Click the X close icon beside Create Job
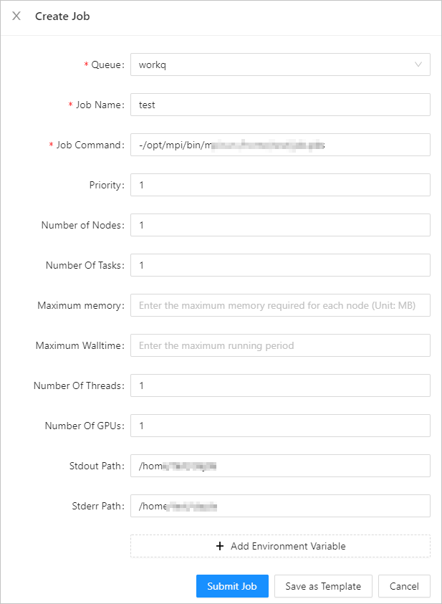tap(16, 16)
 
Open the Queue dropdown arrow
tap(418, 64)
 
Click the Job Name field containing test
tap(280, 105)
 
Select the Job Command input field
tap(280, 145)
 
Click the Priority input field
tap(280, 185)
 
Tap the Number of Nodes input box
tap(280, 225)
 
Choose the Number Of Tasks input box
tap(280, 265)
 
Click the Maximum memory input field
tap(280, 305)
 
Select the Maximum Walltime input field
tap(280, 345)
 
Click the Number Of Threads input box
tap(280, 385)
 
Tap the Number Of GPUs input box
tap(280, 426)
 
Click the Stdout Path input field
tap(280, 466)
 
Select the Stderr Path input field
tap(280, 506)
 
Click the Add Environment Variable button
tap(280, 546)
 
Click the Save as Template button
tap(323, 586)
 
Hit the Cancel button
tap(404, 586)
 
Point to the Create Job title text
tap(62, 16)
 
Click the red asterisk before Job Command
tap(52, 145)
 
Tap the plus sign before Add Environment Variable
tap(220, 546)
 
